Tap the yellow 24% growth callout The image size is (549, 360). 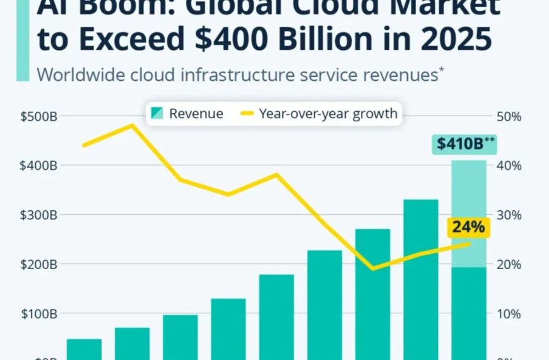[x=468, y=227]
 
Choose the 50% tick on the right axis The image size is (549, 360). [x=509, y=117]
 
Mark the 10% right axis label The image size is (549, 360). [x=509, y=314]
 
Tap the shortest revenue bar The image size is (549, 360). [x=84, y=349]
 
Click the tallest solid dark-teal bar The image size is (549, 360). [x=421, y=278]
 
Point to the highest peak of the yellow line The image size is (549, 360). [x=131, y=125]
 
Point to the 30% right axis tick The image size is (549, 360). [x=509, y=215]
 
